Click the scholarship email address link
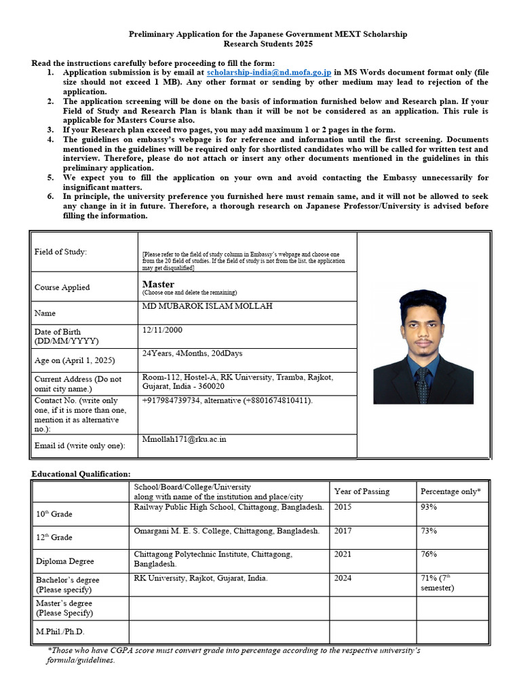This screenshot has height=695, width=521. pos(269,72)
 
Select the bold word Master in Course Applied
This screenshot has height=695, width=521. pos(158,284)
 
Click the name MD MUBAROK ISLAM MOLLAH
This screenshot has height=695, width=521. pos(207,306)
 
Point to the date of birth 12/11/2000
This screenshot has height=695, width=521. pos(162,330)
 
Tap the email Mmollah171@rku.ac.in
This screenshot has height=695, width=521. pos(184,439)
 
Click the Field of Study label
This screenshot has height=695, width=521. pos(60,252)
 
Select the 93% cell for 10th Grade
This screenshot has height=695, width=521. pos(429,507)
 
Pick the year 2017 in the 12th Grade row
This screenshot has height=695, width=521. pos(343,531)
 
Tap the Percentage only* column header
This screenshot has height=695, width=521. pos(450,491)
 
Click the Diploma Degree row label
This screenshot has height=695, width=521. pos(65,561)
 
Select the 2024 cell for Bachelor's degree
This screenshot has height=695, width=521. pos(343,578)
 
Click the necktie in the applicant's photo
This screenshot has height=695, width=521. pos(422,384)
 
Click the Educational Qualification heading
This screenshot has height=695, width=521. pos(81,474)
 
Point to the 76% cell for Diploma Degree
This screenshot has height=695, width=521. pos(429,555)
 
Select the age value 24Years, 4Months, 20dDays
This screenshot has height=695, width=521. pos(192,354)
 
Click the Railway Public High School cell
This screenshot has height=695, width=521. pos(229,507)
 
